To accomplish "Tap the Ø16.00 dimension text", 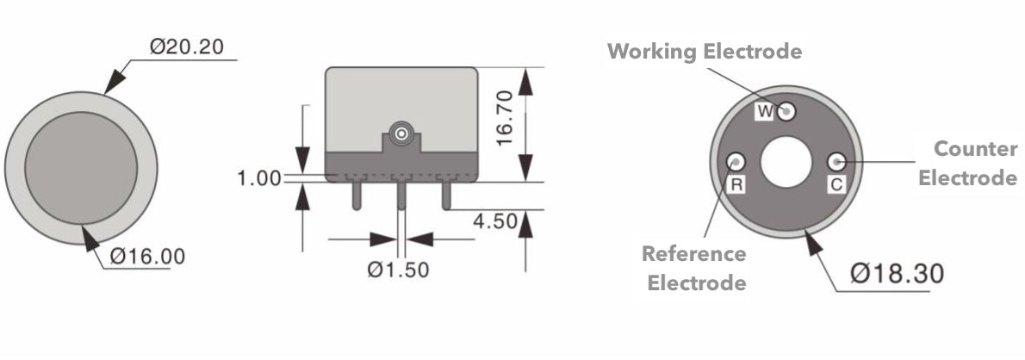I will pos(147,257).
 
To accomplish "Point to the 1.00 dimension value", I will pos(259,178).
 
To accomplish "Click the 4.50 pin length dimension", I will pos(495,221).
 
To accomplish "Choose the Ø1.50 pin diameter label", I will pos(398,270).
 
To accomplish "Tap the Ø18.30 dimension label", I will pos(897,274).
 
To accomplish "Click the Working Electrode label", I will pos(705,52).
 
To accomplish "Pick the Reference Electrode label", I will pos(694,268).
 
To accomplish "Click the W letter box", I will pos(765,111).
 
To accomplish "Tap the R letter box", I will pos(736,184).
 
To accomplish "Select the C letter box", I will pos(836,184).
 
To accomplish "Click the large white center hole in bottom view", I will pos(786,162).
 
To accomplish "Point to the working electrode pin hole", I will pos(787,110).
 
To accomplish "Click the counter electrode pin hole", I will pos(836,161).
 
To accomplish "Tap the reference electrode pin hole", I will pos(736,160).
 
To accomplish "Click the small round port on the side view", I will pos(401,134).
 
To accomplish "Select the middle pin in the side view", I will pos(401,194).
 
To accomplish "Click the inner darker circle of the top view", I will pos(81,165).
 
